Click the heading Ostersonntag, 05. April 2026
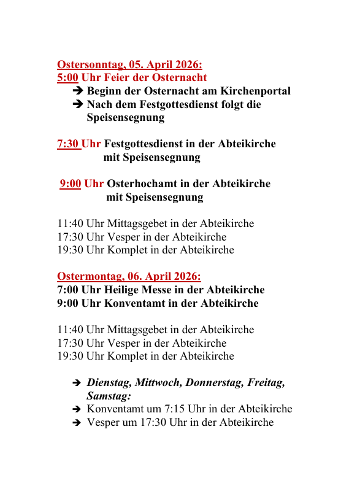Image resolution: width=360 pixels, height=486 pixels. [129, 64]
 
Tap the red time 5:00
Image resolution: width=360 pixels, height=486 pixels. [67, 78]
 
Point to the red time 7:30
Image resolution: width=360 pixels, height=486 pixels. [69, 144]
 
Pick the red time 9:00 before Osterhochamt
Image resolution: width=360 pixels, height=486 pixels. [71, 183]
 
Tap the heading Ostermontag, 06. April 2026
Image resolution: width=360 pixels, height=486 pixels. [129, 277]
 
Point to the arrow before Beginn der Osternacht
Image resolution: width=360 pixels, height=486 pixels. [77, 91]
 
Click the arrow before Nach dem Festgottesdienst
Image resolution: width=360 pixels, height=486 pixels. [77, 105]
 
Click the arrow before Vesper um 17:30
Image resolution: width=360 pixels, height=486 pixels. [77, 423]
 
